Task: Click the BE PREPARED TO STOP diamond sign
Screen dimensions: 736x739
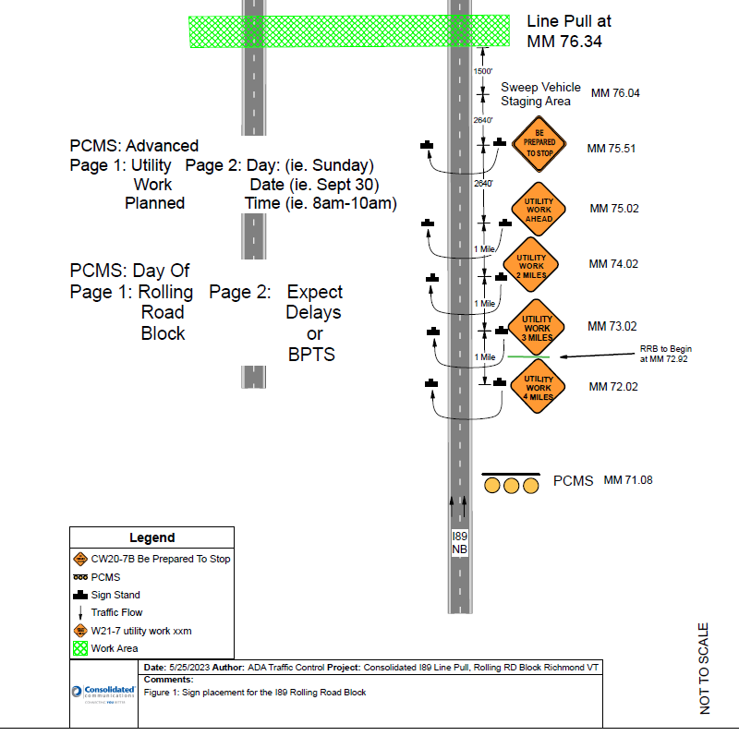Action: click(539, 148)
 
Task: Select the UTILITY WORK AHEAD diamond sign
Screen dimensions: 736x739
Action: click(539, 209)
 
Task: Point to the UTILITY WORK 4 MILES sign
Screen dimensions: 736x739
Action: click(538, 386)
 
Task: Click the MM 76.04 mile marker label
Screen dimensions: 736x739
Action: click(615, 93)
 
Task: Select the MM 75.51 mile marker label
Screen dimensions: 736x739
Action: click(612, 148)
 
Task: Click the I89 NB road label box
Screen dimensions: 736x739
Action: click(459, 542)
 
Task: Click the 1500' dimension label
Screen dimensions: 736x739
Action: click(482, 71)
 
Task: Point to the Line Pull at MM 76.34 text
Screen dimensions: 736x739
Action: click(568, 30)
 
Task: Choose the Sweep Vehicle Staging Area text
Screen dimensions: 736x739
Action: click(540, 94)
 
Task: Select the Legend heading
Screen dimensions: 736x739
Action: click(151, 537)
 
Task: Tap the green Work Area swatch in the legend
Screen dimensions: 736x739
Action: click(80, 648)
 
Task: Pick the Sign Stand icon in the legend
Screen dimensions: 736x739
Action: click(80, 595)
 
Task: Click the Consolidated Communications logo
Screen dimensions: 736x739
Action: click(103, 694)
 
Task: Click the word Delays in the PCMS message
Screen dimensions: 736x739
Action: click(313, 313)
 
